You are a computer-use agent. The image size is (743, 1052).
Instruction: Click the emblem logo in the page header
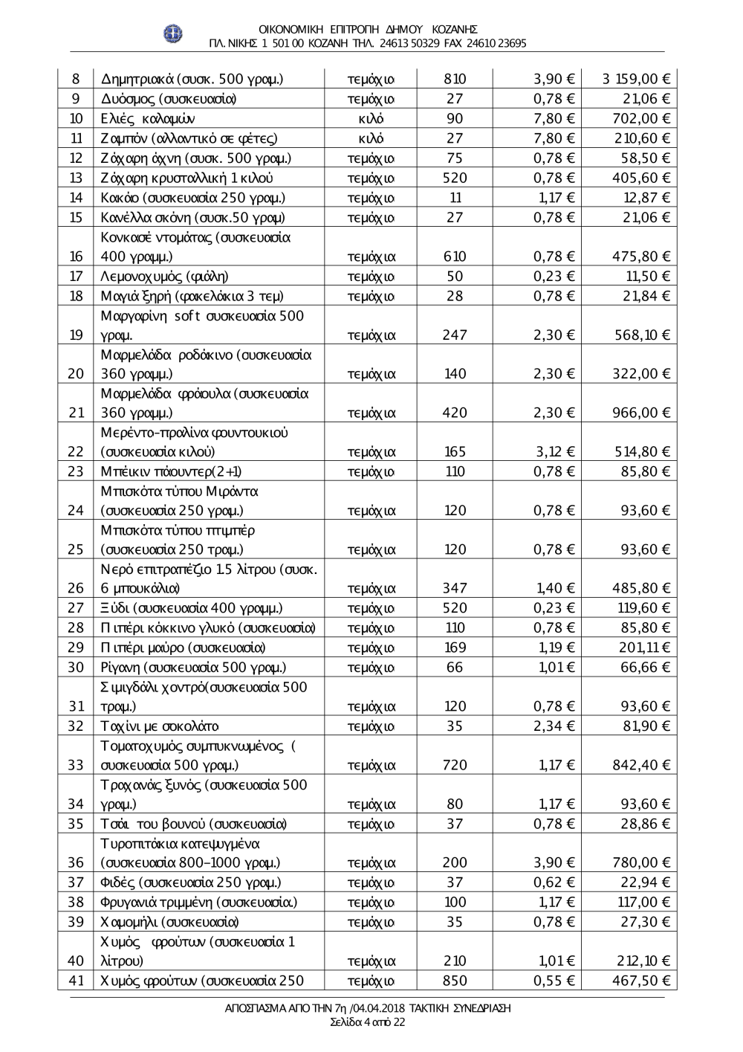173,33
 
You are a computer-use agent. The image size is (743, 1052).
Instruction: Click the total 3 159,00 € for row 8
637,79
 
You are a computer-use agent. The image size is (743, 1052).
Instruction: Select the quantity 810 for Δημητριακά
454,79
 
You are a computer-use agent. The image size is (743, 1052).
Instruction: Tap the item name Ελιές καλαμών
148,118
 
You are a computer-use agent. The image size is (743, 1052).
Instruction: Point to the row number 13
76,178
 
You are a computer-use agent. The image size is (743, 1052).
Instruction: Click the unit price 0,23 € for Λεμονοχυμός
554,276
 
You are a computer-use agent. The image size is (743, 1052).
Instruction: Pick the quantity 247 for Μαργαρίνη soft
454,335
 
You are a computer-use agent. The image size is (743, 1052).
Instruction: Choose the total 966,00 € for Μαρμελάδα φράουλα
642,413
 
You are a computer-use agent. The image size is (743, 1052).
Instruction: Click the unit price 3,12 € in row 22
554,452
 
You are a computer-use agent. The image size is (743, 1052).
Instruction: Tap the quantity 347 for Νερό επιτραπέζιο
454,589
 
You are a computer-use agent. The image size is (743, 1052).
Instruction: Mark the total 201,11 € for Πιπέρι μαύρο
644,648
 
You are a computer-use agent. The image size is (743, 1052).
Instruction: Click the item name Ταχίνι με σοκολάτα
160,726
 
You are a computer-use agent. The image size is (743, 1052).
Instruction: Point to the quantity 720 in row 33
454,765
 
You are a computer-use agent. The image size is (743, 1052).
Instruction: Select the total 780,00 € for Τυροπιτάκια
642,863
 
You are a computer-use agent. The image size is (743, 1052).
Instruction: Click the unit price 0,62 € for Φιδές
554,882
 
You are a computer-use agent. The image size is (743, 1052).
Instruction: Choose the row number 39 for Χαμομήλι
76,922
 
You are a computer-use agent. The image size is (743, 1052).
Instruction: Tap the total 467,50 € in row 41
642,981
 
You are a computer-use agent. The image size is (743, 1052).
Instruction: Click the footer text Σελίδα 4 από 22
368,1022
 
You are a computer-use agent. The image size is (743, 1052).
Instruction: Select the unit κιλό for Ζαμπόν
371,138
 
